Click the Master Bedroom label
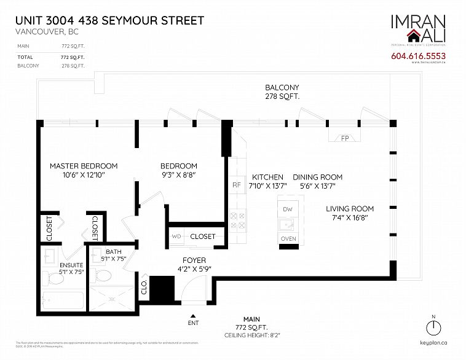pyautogui.click(x=83, y=166)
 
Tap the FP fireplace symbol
pyautogui.click(x=345, y=139)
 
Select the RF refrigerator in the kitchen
pyautogui.click(x=235, y=184)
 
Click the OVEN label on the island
pyautogui.click(x=288, y=238)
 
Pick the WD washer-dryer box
pyautogui.click(x=176, y=236)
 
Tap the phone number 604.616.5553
pyautogui.click(x=417, y=57)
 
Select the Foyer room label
pyautogui.click(x=194, y=260)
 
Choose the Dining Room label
pyautogui.click(x=317, y=177)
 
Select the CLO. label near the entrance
pyautogui.click(x=143, y=287)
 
